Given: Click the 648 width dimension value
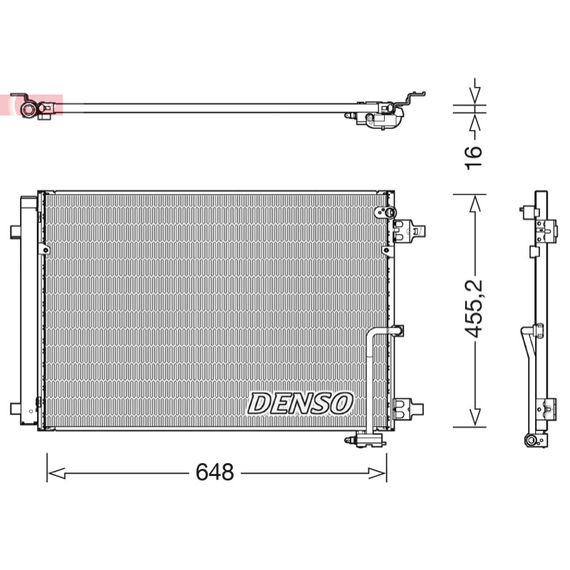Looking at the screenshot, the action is (x=214, y=472).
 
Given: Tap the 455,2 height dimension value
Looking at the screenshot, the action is (x=474, y=309).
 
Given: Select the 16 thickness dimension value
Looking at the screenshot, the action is (x=473, y=157).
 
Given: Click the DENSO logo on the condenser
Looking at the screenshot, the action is (x=300, y=403).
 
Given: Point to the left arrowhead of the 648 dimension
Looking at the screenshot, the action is (x=56, y=473).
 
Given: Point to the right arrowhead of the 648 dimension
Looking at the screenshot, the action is (x=378, y=473).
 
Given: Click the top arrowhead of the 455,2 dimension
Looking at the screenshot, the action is (x=475, y=204).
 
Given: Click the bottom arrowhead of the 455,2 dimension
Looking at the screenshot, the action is (x=475, y=418).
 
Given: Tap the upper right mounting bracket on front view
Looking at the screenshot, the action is (x=408, y=231).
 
